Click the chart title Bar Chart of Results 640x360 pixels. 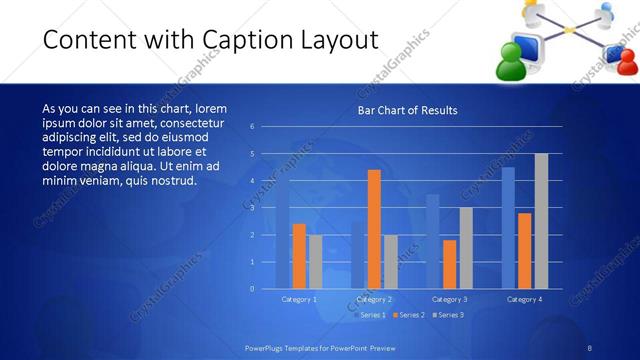[x=407, y=110]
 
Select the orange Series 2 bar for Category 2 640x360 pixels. [x=374, y=229]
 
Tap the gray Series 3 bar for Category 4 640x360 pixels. [x=541, y=221]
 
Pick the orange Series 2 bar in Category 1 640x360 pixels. [x=299, y=256]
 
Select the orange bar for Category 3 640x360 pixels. [x=449, y=264]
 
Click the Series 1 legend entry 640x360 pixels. [x=373, y=315]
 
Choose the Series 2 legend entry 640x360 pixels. [x=410, y=315]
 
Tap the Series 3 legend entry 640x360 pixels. [x=447, y=315]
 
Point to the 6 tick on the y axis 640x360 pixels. [x=252, y=126]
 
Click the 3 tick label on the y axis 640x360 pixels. [x=252, y=208]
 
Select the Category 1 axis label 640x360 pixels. [x=298, y=299]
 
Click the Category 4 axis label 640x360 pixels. [x=524, y=299]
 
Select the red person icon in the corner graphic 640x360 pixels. [x=625, y=62]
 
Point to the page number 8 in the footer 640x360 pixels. [x=590, y=347]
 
